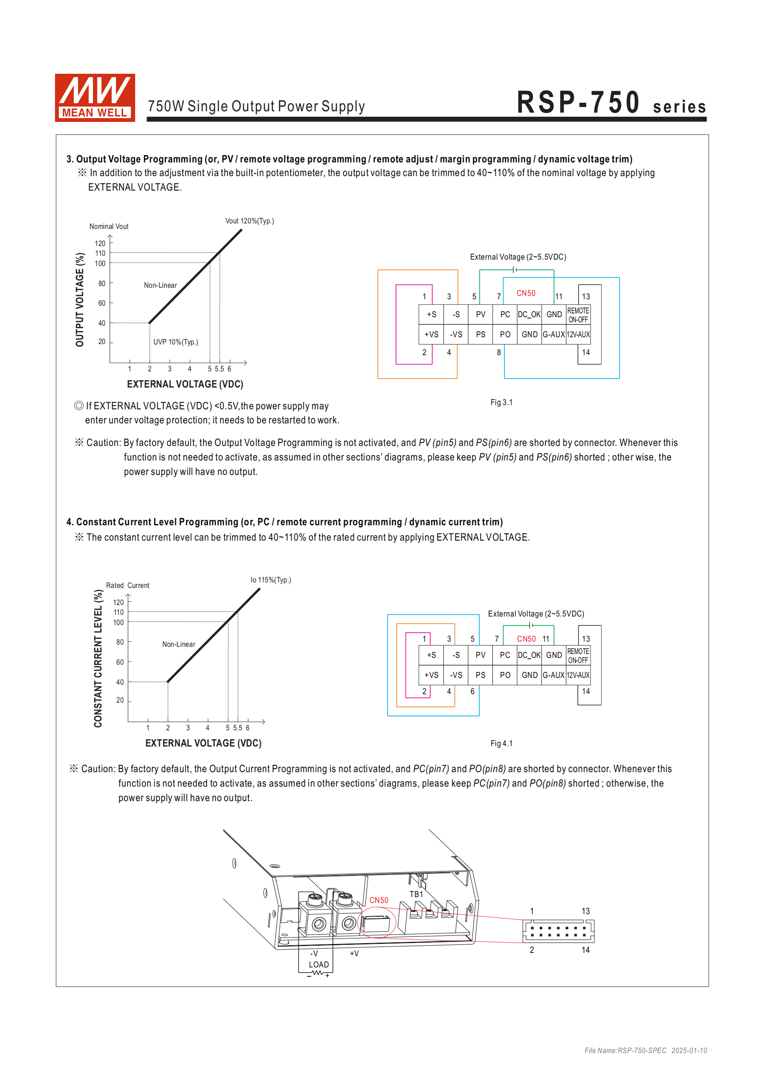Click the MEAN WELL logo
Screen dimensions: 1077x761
tap(95, 98)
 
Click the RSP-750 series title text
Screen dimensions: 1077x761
tap(611, 103)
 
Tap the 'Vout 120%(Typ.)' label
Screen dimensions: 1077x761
tap(249, 221)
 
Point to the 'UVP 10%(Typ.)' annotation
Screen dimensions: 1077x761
tap(176, 342)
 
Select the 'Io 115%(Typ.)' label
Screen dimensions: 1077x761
tap(270, 580)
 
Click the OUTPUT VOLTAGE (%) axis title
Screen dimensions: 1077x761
tap(80, 299)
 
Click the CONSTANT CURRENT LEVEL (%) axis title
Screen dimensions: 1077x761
tap(98, 658)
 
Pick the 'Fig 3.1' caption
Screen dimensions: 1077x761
tap(501, 402)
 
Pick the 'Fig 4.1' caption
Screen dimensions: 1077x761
tap(501, 744)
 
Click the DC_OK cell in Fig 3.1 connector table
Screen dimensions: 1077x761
tap(529, 314)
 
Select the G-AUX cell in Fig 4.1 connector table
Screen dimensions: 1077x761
tap(554, 675)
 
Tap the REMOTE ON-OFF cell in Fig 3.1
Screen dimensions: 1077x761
tap(578, 315)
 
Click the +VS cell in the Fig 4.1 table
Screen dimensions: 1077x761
tap(431, 675)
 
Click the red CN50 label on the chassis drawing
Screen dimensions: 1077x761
tap(379, 900)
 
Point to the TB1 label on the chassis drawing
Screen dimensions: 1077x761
tap(416, 894)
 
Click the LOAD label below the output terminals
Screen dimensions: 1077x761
tap(318, 964)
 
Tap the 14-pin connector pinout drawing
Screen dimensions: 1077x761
tap(558, 931)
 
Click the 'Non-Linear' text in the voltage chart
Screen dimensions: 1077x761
tap(160, 285)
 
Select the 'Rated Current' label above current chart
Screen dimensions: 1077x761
tap(127, 585)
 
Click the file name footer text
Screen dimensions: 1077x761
tap(645, 1050)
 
